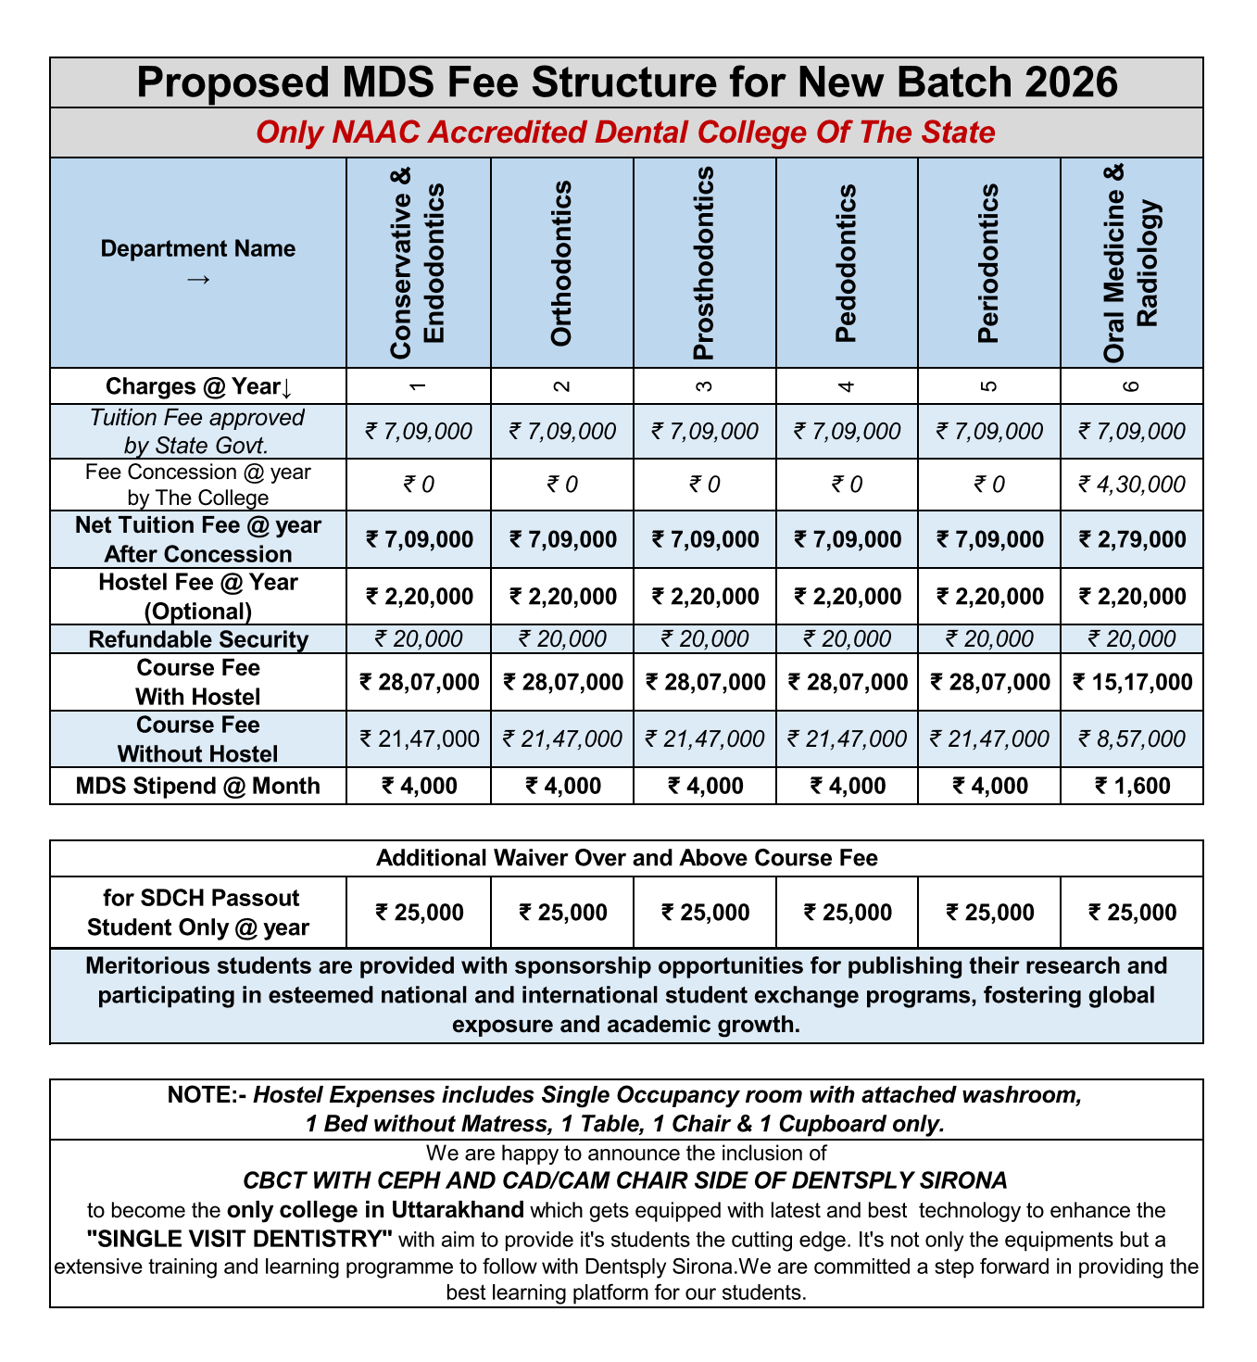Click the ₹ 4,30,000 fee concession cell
1132,485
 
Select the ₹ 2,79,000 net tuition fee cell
1132,539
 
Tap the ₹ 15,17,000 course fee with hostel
1132,683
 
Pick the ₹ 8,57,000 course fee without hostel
1132,738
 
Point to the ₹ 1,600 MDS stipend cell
1132,787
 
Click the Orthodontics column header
561,263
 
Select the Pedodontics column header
846,263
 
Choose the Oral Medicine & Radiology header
1132,263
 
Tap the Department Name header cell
197,261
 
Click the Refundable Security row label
197,639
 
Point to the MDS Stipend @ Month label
197,787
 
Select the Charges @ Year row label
197,386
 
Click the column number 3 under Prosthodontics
704,386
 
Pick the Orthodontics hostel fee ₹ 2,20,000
562,597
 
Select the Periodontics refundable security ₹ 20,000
989,639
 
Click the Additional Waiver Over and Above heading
626,858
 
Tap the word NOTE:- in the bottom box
207,1095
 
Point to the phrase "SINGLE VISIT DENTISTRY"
240,1239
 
